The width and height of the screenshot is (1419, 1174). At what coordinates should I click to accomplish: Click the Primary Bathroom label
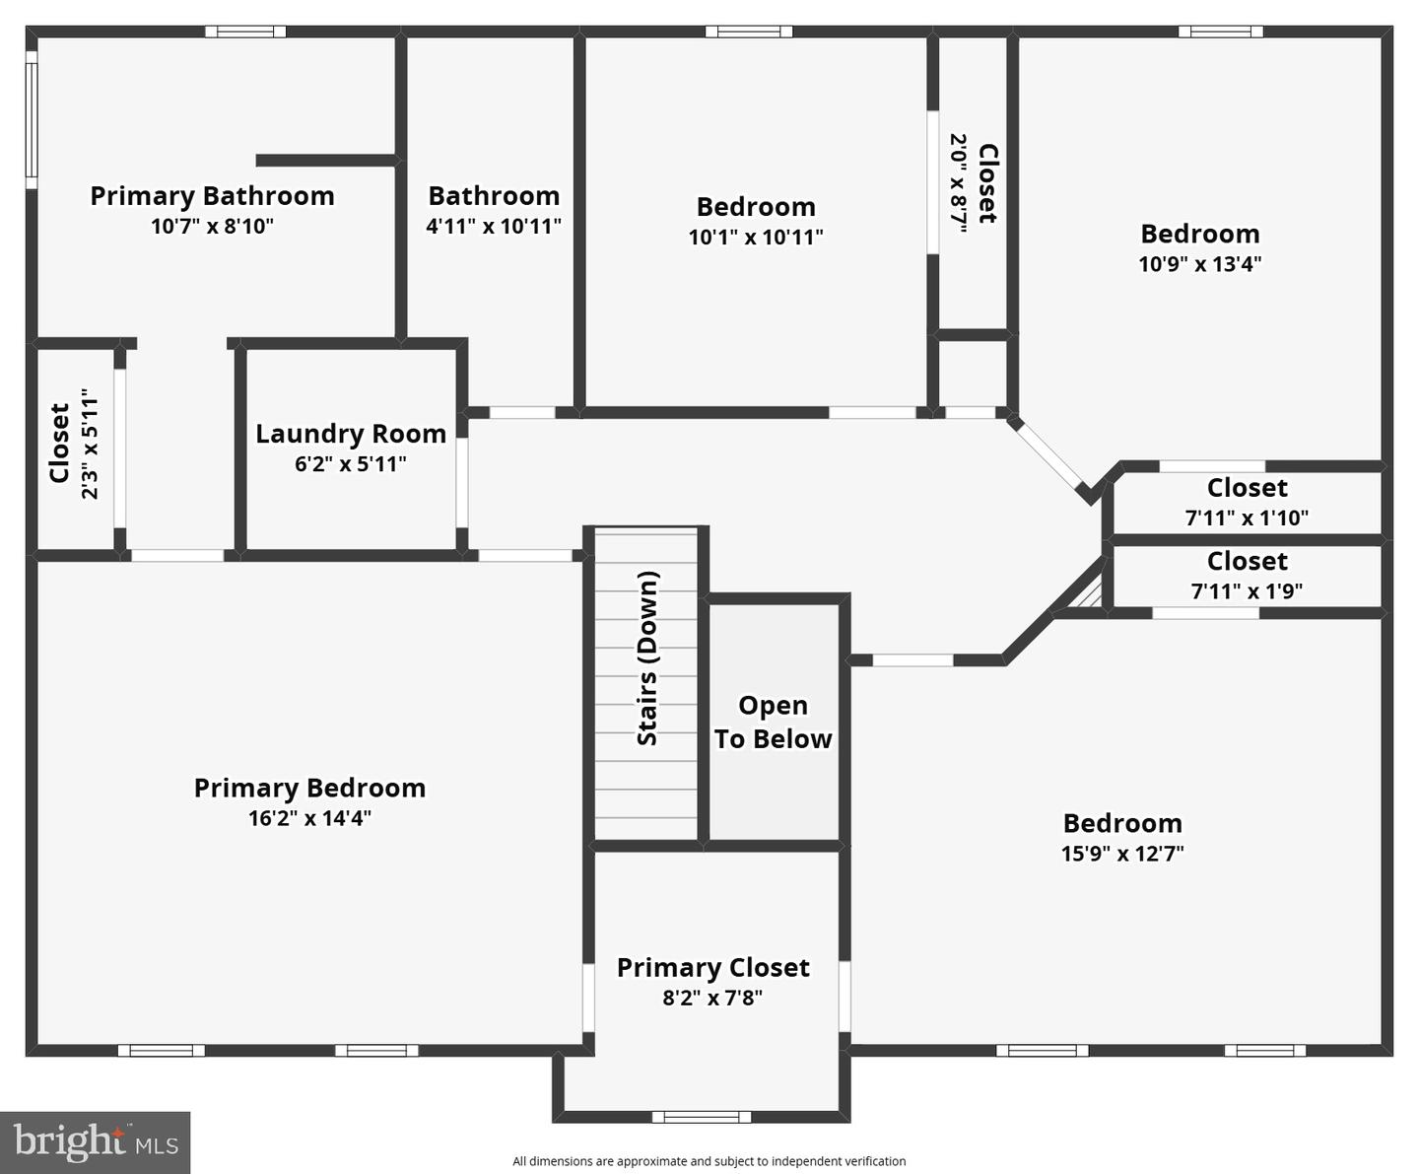tap(212, 196)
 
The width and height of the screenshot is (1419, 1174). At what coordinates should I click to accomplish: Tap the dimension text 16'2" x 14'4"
tap(309, 818)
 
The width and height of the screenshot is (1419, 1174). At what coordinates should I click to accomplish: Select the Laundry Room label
tap(351, 434)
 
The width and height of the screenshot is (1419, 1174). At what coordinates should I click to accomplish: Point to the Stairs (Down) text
tap(647, 658)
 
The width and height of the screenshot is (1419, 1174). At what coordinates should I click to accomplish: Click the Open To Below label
tap(773, 722)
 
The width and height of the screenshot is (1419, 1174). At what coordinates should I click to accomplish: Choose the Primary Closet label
tap(712, 968)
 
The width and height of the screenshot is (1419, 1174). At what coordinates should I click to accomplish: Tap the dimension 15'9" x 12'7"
tap(1122, 854)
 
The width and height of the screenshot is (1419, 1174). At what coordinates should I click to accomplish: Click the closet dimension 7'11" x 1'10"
tap(1247, 518)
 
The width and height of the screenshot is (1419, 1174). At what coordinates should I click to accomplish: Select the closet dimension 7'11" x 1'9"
tap(1247, 591)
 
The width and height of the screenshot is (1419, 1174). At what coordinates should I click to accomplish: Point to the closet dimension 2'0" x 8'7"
tap(958, 182)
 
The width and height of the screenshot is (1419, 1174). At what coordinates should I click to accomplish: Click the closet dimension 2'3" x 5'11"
tap(90, 444)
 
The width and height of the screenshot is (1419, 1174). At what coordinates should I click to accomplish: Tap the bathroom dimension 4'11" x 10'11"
tap(494, 227)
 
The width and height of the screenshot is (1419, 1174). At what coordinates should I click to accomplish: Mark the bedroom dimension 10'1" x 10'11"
tap(756, 238)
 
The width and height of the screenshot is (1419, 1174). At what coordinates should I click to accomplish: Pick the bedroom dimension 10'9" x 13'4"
tap(1200, 264)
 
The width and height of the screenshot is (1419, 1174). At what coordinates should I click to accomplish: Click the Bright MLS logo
tap(96, 1142)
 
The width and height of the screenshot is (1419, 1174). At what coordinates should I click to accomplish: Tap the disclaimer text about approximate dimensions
tap(709, 1161)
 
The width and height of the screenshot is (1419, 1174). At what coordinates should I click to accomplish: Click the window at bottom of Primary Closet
tap(701, 1117)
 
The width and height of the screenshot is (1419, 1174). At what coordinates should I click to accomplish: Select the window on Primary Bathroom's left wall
tap(31, 119)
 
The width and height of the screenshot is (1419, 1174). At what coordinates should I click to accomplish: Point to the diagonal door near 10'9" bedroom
tap(1048, 455)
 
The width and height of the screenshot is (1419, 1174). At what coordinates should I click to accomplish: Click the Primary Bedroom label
tap(309, 788)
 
